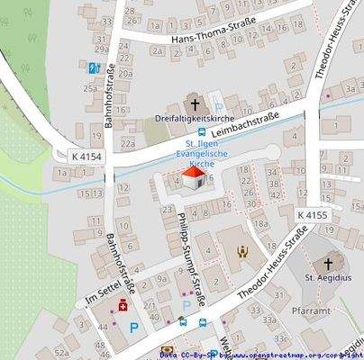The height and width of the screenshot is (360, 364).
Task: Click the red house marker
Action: pos(192,177)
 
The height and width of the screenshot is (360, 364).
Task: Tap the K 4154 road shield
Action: pos(87,157)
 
